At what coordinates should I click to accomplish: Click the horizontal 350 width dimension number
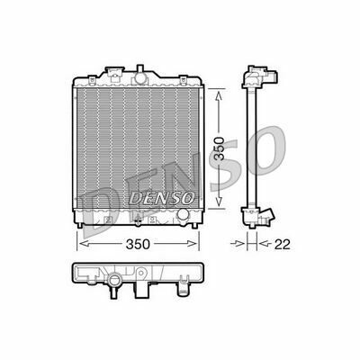tap(136, 244)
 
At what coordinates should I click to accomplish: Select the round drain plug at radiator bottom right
tap(184, 216)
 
